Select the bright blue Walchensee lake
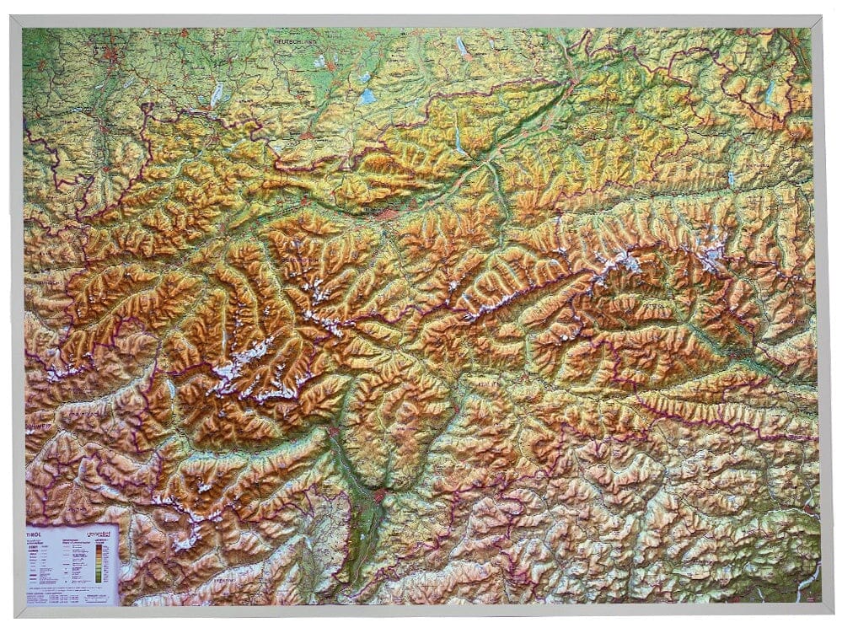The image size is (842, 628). pos(367,96)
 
